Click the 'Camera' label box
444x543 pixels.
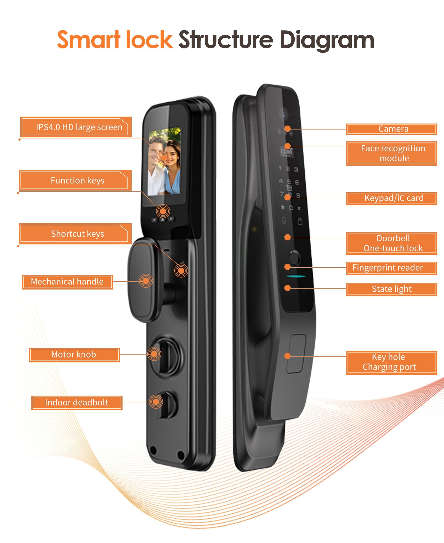click(x=391, y=129)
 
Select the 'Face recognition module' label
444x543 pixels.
click(x=391, y=153)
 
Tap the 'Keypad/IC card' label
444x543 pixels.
click(x=391, y=198)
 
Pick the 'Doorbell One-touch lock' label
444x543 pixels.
click(x=391, y=243)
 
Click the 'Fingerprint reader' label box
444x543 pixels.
click(x=391, y=268)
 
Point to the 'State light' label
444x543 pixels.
click(x=391, y=289)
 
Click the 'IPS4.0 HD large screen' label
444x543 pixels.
click(x=76, y=127)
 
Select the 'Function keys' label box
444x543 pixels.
click(x=75, y=180)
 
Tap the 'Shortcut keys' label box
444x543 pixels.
click(x=75, y=234)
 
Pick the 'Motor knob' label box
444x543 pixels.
click(x=74, y=355)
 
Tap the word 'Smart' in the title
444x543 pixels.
click(x=89, y=40)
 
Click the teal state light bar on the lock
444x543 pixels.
click(x=296, y=277)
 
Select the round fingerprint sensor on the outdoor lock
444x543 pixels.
click(x=295, y=258)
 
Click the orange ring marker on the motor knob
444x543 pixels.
click(x=154, y=354)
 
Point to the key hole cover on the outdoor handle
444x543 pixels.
click(x=296, y=353)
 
